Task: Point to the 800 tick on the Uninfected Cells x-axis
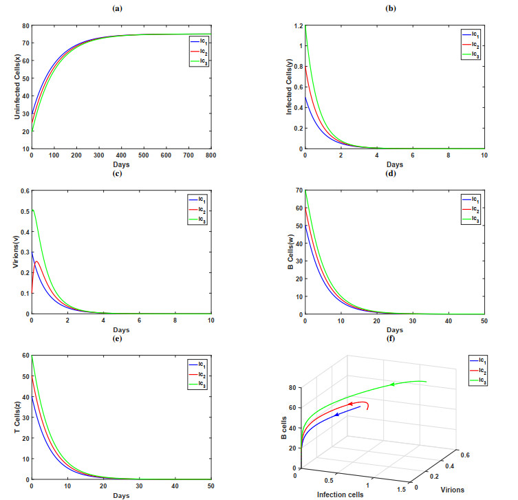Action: click(211, 155)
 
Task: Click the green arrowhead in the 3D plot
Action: click(392, 384)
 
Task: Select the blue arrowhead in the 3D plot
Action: click(337, 415)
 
